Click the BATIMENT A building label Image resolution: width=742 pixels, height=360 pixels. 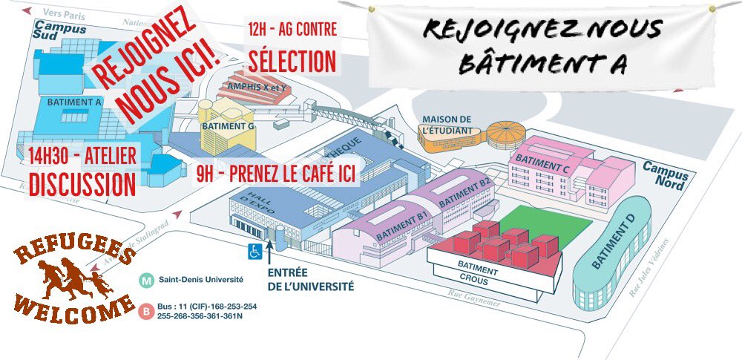click(x=74, y=102)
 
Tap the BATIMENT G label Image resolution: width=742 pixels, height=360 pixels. click(x=229, y=126)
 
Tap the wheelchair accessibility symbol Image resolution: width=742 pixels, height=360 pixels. click(x=255, y=252)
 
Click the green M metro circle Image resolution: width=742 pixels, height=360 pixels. click(x=148, y=281)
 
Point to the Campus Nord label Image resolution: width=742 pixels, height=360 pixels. click(x=665, y=174)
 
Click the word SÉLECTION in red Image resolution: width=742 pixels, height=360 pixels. click(x=292, y=60)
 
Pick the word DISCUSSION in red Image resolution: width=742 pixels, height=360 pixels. click(x=82, y=183)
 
